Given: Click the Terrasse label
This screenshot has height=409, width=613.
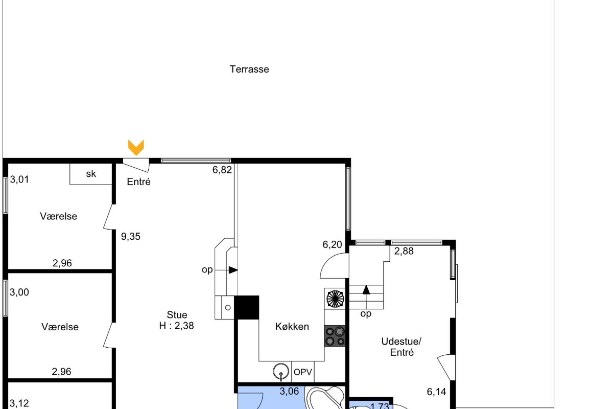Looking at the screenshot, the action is click(249, 70).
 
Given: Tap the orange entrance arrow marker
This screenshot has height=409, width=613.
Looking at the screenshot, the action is click(136, 147).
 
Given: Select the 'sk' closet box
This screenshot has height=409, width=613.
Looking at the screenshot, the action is click(91, 174).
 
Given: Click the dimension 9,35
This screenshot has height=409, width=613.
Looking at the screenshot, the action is click(131, 236).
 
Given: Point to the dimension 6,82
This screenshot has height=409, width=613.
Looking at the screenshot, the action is click(222, 170).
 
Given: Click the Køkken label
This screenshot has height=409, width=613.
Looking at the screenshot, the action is click(292, 327).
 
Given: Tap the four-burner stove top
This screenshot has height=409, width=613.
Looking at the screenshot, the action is click(335, 336).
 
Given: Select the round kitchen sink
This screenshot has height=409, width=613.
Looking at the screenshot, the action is click(281, 372).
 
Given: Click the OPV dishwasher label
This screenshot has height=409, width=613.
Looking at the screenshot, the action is click(302, 372).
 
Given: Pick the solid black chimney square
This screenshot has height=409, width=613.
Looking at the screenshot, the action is click(247, 307).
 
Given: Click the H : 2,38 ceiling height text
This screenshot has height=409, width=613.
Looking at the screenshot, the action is click(177, 326).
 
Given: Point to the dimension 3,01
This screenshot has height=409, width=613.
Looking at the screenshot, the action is click(19, 180).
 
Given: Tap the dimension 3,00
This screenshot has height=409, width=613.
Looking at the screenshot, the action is click(19, 292).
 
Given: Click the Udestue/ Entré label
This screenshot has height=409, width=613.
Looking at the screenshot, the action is click(402, 347).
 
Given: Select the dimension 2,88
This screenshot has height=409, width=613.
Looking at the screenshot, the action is click(404, 251).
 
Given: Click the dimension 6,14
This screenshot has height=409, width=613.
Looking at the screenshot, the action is click(436, 392).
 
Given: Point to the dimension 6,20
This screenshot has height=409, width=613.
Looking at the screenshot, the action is click(332, 244).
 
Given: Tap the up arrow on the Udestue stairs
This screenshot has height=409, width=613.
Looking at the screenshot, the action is click(366, 290).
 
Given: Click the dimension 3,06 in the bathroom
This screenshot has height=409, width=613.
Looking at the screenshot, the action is click(289, 391).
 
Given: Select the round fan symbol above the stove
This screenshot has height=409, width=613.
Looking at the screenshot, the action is click(335, 299).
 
